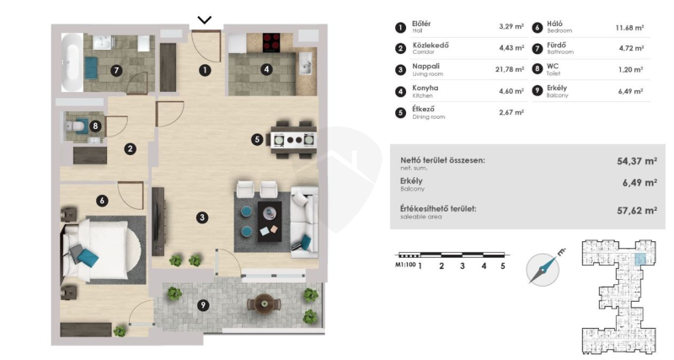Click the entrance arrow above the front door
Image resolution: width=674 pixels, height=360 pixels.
point(205,19)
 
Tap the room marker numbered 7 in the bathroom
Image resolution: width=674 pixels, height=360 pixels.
point(116,71)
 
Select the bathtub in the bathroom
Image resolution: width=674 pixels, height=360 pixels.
point(72,62)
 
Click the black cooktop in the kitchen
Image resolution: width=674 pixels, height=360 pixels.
point(271,43)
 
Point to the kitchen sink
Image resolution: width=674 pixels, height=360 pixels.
point(306,64)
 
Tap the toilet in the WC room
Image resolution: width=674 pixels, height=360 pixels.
point(75,126)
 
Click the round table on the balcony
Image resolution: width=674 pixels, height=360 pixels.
point(264,304)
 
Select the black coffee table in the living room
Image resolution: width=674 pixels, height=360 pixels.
point(270,222)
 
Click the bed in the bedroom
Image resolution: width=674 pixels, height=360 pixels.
point(101,250)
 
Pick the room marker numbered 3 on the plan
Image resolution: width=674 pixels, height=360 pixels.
point(202,218)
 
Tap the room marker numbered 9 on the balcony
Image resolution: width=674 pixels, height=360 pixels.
point(203,305)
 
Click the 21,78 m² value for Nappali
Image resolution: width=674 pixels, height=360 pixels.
point(510,69)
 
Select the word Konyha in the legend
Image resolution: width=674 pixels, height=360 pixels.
point(425,88)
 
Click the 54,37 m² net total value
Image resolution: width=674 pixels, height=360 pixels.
point(637,161)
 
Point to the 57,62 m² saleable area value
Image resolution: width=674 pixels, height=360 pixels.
point(637,210)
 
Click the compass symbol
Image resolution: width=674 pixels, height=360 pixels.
point(543,269)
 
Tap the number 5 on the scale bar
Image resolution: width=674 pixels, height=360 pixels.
point(502,266)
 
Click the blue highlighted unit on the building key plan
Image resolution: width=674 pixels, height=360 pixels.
point(640,260)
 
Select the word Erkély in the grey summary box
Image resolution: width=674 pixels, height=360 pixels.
point(411,181)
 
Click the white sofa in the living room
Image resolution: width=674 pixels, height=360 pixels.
point(304,222)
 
